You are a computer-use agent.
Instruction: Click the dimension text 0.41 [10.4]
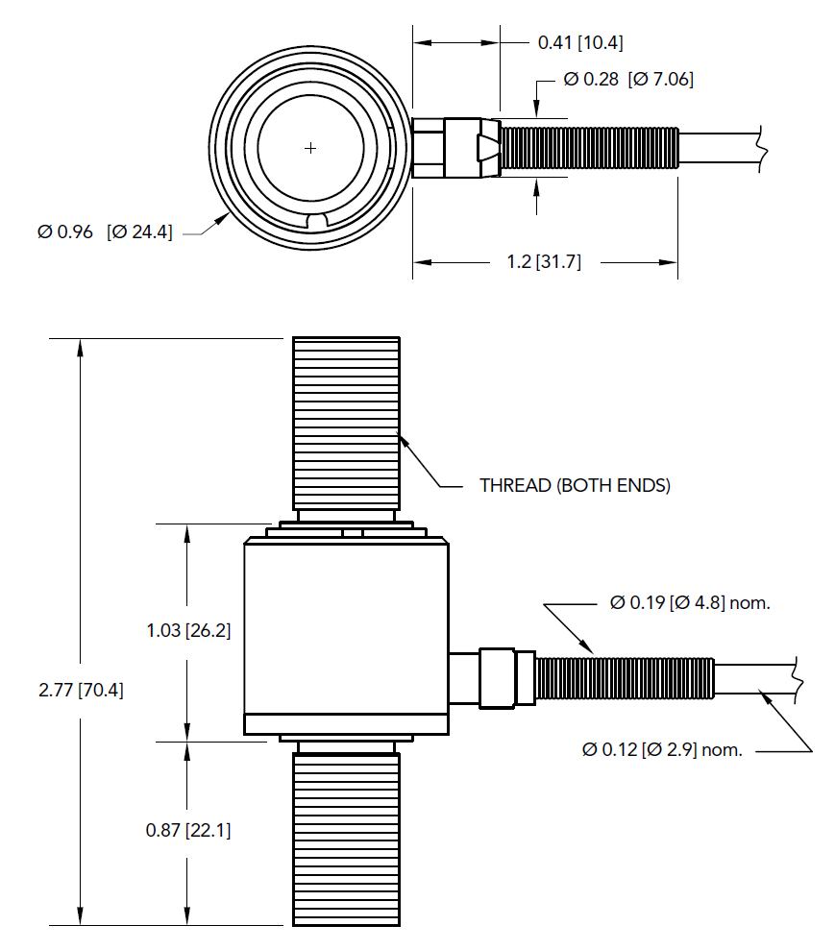pyautogui.click(x=582, y=42)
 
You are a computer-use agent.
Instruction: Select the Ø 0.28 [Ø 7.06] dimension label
pyautogui.click(x=628, y=80)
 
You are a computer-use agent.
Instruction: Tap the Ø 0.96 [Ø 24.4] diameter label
pyautogui.click(x=105, y=231)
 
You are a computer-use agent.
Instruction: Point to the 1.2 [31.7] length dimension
pyautogui.click(x=544, y=262)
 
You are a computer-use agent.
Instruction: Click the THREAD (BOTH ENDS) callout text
pyautogui.click(x=575, y=485)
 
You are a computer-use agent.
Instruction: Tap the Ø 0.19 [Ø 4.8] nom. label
pyautogui.click(x=691, y=603)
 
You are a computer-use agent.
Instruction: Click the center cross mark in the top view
pyautogui.click(x=309, y=148)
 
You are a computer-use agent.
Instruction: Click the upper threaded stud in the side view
pyautogui.click(x=346, y=423)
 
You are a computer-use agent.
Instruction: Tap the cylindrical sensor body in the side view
pyautogui.click(x=345, y=634)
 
